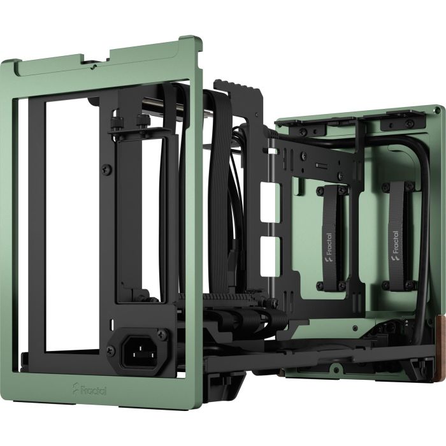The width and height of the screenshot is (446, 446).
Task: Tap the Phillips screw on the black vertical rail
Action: (x=104, y=169)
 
